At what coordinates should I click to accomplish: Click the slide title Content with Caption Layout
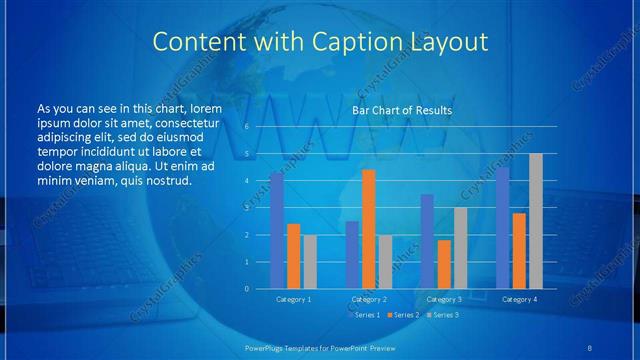[x=319, y=42]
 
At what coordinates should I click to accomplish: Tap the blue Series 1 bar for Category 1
[x=277, y=231]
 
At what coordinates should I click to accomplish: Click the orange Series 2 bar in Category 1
[x=293, y=256]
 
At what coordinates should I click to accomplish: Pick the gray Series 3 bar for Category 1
[x=309, y=262]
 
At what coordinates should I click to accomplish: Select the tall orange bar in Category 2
[x=368, y=229]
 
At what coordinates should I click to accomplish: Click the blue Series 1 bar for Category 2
[x=352, y=255]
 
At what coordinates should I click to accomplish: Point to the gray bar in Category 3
[x=460, y=248]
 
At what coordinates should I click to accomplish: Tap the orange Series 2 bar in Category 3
[x=444, y=264]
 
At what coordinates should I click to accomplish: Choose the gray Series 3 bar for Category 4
[x=535, y=221]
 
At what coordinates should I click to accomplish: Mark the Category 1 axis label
[x=293, y=299]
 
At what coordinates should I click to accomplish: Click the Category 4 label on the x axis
[x=519, y=299]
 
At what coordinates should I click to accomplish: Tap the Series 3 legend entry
[x=443, y=315]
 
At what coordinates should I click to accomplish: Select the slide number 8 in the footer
[x=590, y=346]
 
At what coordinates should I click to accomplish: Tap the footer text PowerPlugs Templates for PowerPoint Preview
[x=319, y=346]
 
